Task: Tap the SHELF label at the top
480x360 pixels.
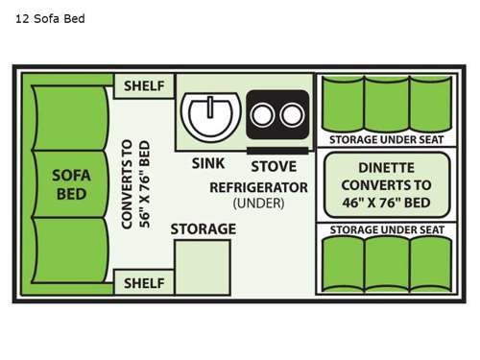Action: pos(144,86)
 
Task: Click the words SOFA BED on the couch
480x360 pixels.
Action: pos(70,183)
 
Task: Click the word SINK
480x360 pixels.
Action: pos(207,164)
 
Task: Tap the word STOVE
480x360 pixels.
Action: pos(273,164)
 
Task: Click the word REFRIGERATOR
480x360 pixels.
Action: pos(258,186)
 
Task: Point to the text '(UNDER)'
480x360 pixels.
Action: pos(258,204)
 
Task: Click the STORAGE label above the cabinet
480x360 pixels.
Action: pos(203,228)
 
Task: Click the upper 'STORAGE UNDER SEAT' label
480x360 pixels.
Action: pos(386,138)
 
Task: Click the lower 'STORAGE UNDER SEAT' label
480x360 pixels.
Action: pos(386,229)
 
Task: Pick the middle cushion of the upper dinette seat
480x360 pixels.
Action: pos(386,103)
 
